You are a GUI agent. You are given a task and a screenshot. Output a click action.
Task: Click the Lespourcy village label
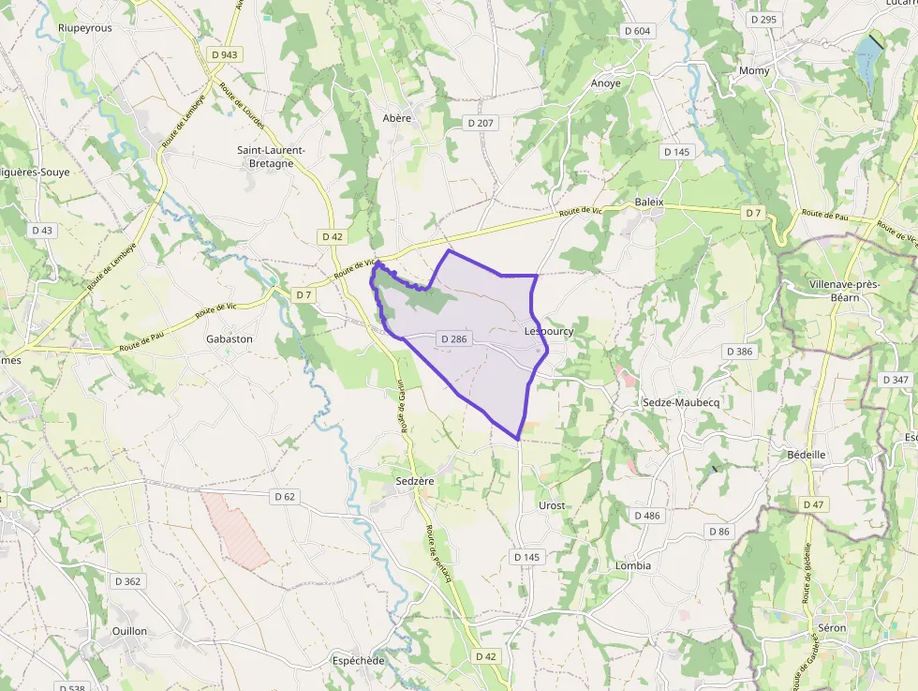[x=549, y=331]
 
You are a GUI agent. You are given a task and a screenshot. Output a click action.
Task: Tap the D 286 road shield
[x=452, y=338]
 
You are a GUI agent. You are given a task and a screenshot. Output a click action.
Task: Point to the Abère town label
[x=397, y=118]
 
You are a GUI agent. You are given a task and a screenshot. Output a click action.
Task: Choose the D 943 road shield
[x=225, y=54]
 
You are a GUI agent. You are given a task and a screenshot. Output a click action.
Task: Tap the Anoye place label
[x=605, y=83]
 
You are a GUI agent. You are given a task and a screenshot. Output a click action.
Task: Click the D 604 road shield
[x=636, y=31]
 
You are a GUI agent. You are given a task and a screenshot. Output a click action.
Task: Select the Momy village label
[x=754, y=71]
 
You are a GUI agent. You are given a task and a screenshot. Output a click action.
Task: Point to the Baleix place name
[x=648, y=202]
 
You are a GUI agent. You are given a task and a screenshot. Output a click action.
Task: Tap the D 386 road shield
[x=738, y=351]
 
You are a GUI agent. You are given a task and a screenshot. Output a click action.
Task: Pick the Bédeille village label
[x=806, y=454]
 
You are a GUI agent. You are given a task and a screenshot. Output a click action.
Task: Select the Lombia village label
[x=633, y=565]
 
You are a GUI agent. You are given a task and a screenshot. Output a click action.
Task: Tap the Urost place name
[x=552, y=505]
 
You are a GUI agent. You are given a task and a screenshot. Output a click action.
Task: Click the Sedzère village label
[x=415, y=481]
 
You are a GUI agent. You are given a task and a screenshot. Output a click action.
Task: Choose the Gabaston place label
[x=229, y=338]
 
